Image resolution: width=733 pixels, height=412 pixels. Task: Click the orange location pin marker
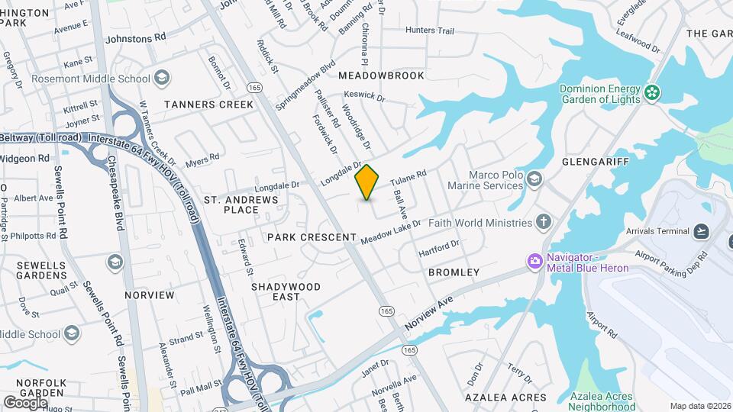[x=367, y=182]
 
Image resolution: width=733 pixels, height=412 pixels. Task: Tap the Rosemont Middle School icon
[x=161, y=78]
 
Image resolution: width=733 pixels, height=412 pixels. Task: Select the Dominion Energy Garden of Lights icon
[x=652, y=93]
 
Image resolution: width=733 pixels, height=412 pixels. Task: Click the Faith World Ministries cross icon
[x=543, y=223]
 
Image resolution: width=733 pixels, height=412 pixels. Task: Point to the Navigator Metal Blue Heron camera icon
[x=534, y=262]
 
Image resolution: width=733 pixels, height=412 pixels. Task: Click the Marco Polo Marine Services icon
[x=534, y=179]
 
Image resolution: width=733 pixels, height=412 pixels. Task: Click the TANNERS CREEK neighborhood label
[x=208, y=104]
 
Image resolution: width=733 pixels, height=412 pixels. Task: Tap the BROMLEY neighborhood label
[x=454, y=272]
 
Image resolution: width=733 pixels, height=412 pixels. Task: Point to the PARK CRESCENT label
[x=312, y=237]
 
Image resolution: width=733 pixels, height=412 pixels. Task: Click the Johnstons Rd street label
[x=135, y=37]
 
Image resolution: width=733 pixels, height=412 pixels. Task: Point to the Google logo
[x=25, y=402]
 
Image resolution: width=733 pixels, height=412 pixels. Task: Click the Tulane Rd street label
[x=408, y=179]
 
